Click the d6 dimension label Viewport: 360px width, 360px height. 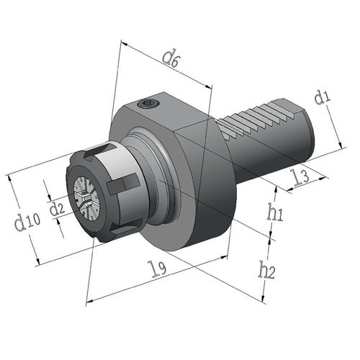click(x=171, y=59)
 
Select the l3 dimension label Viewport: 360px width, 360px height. click(x=300, y=177)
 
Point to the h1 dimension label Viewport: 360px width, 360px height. click(x=275, y=212)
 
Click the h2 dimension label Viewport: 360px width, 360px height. click(x=266, y=270)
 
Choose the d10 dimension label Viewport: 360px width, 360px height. click(x=27, y=222)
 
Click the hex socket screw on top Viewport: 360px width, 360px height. click(x=148, y=104)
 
